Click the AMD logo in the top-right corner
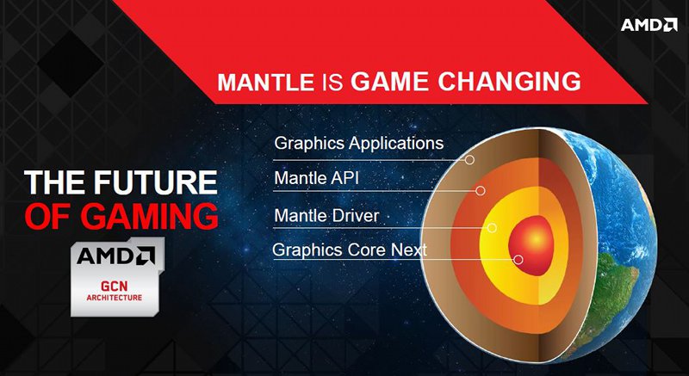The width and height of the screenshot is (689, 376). tap(649, 24)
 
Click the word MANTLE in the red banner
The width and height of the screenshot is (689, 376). tap(266, 82)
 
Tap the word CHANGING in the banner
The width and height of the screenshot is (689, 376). tap(509, 81)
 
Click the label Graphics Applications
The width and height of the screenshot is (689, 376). tap(358, 143)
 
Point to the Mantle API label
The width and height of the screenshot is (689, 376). tap(316, 178)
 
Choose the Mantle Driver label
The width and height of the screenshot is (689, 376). tap(326, 215)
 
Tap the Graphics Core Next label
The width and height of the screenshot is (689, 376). tap(350, 250)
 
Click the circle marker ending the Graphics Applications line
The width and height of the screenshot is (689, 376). tap(469, 160)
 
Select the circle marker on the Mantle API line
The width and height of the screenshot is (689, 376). tap(481, 190)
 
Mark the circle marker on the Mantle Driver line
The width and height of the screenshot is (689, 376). tap(492, 228)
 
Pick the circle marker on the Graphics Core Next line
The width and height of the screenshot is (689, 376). tap(518, 259)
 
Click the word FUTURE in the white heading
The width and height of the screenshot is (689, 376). tap(156, 182)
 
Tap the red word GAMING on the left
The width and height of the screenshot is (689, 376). tap(149, 217)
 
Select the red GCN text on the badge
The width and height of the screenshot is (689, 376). tap(114, 287)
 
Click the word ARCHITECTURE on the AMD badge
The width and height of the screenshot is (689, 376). tap(115, 298)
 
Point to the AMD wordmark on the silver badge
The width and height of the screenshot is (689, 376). tap(115, 256)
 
